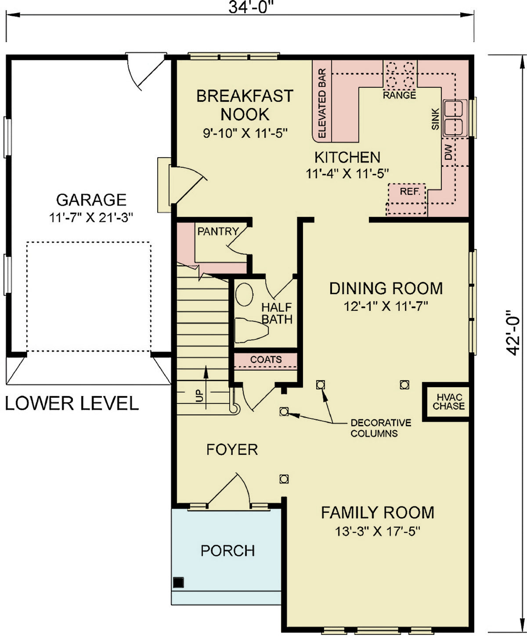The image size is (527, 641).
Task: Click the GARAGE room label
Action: [x=91, y=200]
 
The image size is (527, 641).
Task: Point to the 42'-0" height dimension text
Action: [x=512, y=334]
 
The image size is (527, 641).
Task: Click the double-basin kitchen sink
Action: [x=455, y=117]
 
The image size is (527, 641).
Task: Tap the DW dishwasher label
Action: [x=448, y=152]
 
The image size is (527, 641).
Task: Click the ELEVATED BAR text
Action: [x=322, y=103]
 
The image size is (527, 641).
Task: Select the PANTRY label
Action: [x=218, y=231]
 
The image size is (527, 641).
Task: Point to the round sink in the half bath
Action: [x=244, y=294]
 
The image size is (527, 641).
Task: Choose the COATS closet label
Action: [x=266, y=360]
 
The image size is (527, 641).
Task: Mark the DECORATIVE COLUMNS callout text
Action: [x=380, y=428]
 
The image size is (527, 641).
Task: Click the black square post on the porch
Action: [x=178, y=583]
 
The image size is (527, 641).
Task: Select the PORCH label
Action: [x=227, y=551]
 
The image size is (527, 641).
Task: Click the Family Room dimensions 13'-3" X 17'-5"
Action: [x=378, y=532]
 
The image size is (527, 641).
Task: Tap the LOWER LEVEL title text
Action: [x=72, y=403]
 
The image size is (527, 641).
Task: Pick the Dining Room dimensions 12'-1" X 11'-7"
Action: [x=386, y=306]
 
